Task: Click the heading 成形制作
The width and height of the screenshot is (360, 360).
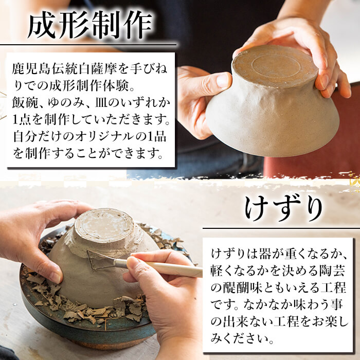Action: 89,25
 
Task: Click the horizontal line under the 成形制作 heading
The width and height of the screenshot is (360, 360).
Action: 87,45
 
